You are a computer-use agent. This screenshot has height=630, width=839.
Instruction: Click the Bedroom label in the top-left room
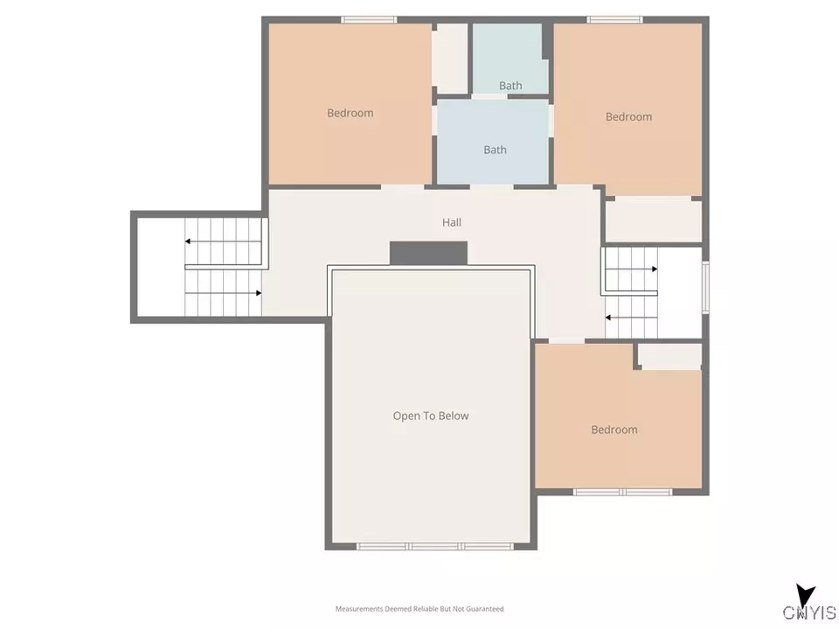[350, 113]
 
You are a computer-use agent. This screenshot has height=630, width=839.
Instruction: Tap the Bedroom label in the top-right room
[628, 117]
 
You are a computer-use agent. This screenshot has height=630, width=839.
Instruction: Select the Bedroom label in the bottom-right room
[614, 430]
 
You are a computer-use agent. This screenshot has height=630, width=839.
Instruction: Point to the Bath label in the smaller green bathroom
[510, 86]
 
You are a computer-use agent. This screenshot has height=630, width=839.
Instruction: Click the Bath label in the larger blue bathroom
[495, 150]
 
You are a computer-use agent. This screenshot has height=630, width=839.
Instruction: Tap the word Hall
[451, 223]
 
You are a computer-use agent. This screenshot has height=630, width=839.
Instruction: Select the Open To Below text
[430, 416]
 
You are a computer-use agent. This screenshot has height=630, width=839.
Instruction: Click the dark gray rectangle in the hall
[428, 253]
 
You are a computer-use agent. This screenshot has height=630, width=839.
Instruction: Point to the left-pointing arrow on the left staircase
[189, 241]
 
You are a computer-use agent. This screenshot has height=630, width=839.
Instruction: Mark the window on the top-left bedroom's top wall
[368, 19]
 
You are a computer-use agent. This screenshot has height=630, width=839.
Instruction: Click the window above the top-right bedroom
[614, 19]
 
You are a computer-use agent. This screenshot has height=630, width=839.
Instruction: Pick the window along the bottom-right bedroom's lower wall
[622, 493]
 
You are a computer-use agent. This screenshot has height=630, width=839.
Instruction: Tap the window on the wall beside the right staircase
[705, 287]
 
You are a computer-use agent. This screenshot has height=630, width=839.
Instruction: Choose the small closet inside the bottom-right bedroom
[669, 355]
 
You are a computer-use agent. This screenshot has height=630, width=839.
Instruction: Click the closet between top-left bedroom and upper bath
[451, 57]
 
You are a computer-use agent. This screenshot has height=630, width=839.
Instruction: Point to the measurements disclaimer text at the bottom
[419, 608]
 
